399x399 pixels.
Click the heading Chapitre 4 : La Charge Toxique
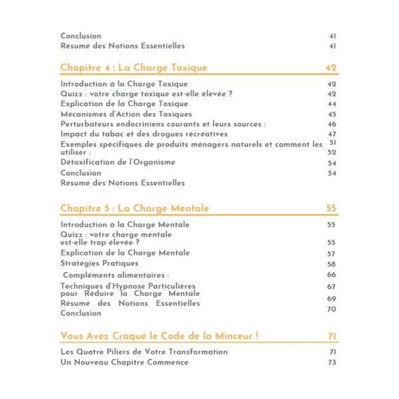134,68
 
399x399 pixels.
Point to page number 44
332,104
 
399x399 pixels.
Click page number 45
332,114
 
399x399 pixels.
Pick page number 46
332,124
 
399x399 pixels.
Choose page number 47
332,134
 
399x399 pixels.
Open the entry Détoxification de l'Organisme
118,163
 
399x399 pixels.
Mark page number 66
332,275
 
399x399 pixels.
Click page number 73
332,362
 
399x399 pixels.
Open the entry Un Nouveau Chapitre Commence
124,362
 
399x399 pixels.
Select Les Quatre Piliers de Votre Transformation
144,352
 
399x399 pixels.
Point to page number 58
332,264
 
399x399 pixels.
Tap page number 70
332,309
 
